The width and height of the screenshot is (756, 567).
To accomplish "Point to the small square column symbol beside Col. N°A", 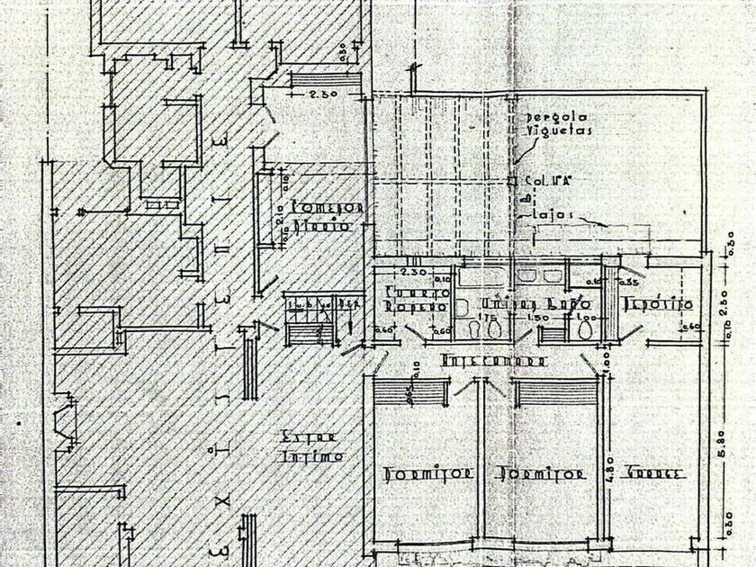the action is [512, 181].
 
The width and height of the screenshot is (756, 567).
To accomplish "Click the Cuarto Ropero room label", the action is [416, 299].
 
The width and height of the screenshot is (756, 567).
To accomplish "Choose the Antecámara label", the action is [494, 361].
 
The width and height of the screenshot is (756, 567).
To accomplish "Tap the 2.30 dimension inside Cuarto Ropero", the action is [413, 271].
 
